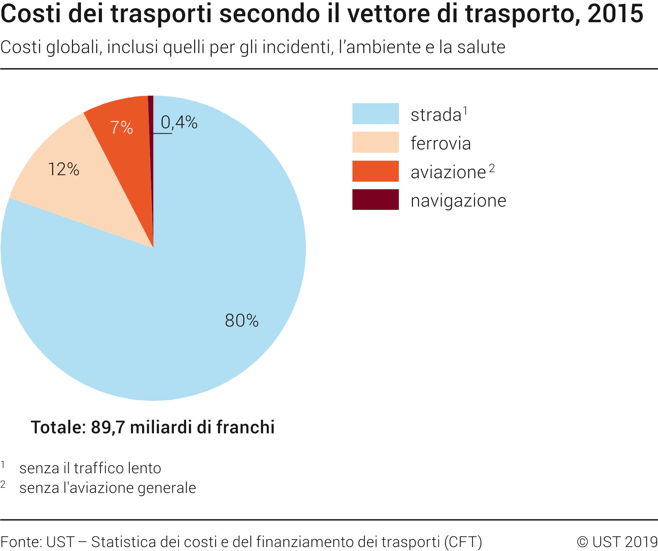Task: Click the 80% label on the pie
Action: click(241, 321)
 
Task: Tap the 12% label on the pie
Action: click(63, 169)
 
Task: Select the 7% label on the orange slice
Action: click(121, 127)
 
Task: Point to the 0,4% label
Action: click(179, 123)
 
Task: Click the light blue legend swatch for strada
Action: click(375, 114)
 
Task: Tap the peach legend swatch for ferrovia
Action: click(375, 142)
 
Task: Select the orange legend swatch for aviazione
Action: click(375, 171)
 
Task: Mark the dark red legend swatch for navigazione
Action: click(375, 200)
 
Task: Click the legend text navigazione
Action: click(458, 201)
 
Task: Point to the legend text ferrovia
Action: click(441, 143)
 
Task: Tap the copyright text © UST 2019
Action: click(617, 541)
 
